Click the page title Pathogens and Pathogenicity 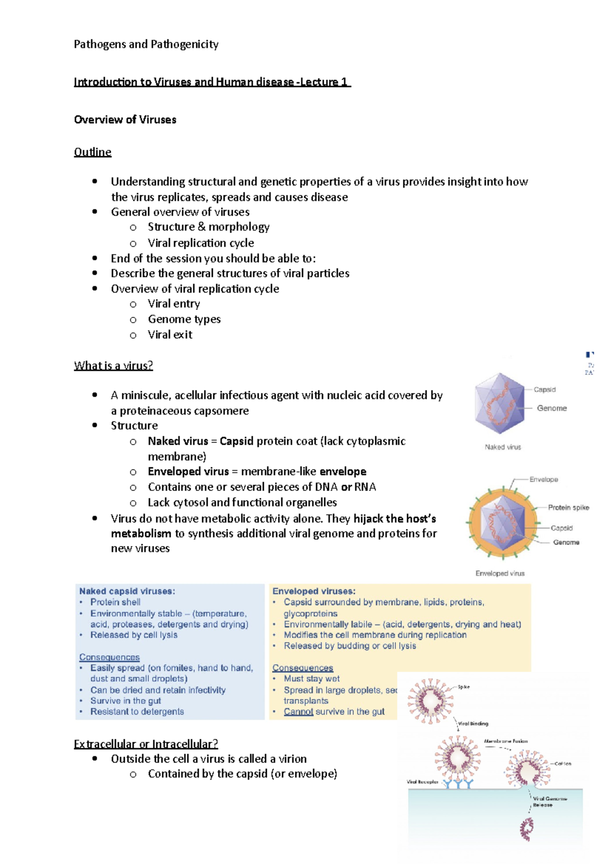146,44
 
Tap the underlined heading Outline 92,152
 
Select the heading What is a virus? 113,365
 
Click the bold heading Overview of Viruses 125,120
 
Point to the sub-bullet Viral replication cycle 201,243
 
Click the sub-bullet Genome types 184,319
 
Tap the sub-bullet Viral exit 170,334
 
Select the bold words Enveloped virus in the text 188,471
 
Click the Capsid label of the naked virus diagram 544,389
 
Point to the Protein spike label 568,507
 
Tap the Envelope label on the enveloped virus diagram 543,479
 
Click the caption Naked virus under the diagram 503,447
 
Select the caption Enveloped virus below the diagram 499,573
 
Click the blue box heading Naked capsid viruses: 127,591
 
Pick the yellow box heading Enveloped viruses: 314,591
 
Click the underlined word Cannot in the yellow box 298,711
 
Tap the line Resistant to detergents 137,711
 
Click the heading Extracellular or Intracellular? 146,744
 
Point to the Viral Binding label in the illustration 473,723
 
